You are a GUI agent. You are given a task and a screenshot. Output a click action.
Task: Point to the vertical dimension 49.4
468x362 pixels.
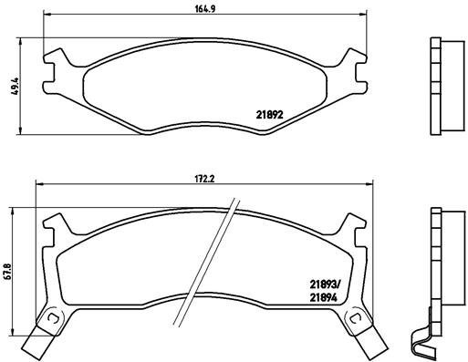pyautogui.click(x=13, y=87)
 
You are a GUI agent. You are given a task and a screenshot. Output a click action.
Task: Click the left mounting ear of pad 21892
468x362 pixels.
pyautogui.click(x=57, y=63)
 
